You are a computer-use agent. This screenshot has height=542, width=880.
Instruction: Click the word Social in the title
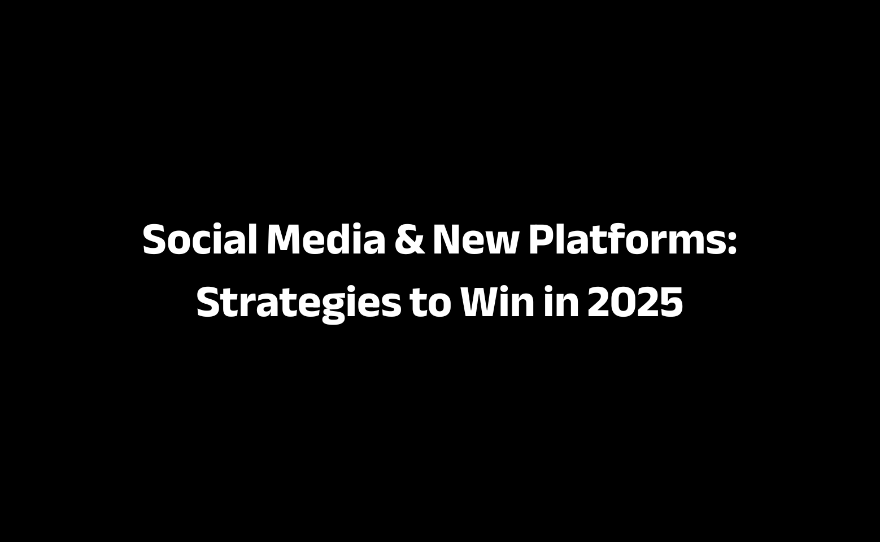[x=199, y=239]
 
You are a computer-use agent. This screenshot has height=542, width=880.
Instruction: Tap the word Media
[x=326, y=239]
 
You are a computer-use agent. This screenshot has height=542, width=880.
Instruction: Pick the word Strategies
[x=299, y=304]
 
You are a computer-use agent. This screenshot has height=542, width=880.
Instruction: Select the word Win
[x=497, y=301]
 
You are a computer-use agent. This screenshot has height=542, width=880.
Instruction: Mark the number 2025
[x=635, y=302]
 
